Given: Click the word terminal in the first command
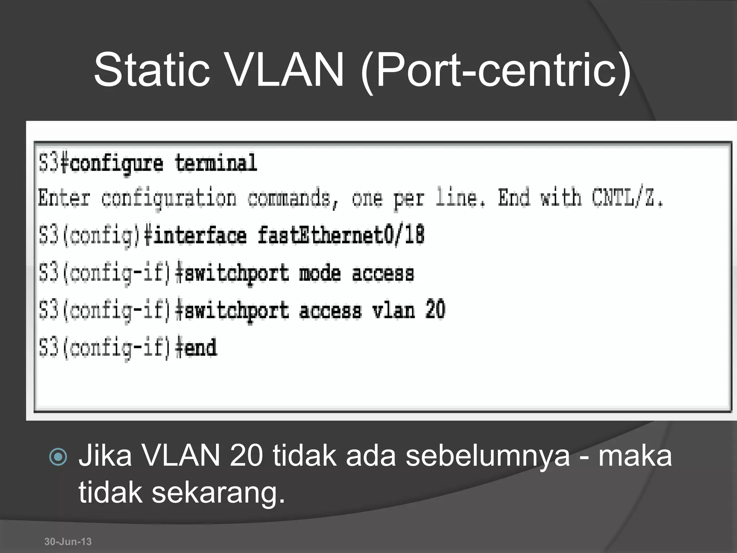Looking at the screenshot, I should tap(216, 163).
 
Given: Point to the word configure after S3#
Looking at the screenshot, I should tap(116, 164).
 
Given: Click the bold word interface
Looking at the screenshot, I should tap(200, 236).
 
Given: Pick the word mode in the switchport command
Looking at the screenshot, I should tap(320, 274).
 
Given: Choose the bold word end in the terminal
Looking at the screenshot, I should tap(200, 348).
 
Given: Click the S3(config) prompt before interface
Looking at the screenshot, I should tap(89, 236).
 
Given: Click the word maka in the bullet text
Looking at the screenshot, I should tap(635, 456).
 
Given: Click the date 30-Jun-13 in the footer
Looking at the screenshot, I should tap(68, 541).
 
